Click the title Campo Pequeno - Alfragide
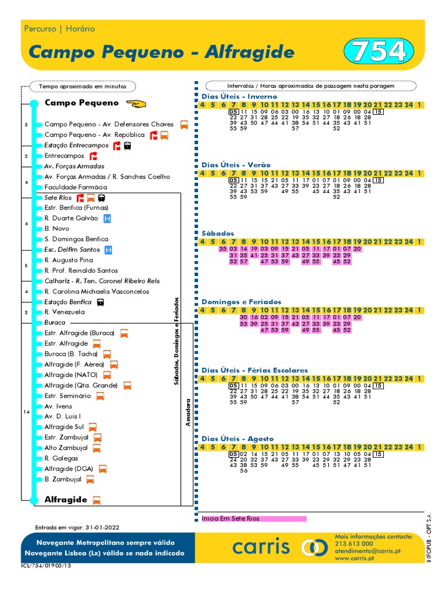pos(161,52)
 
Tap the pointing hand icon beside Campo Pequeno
pos(136,103)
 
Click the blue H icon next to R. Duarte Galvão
pos(107,218)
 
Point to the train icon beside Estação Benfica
pos(100,302)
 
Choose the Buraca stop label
pos(55,323)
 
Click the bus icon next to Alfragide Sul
pos(93,427)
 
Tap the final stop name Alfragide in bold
pos(66,499)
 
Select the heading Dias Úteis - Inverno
pos(239,96)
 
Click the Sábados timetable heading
pos(218,233)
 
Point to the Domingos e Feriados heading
pos(241,302)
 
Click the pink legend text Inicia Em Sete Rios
pos(231,519)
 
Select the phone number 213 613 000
pos(354,544)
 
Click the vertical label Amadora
pos(188,412)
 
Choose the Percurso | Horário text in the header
pos(60,28)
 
